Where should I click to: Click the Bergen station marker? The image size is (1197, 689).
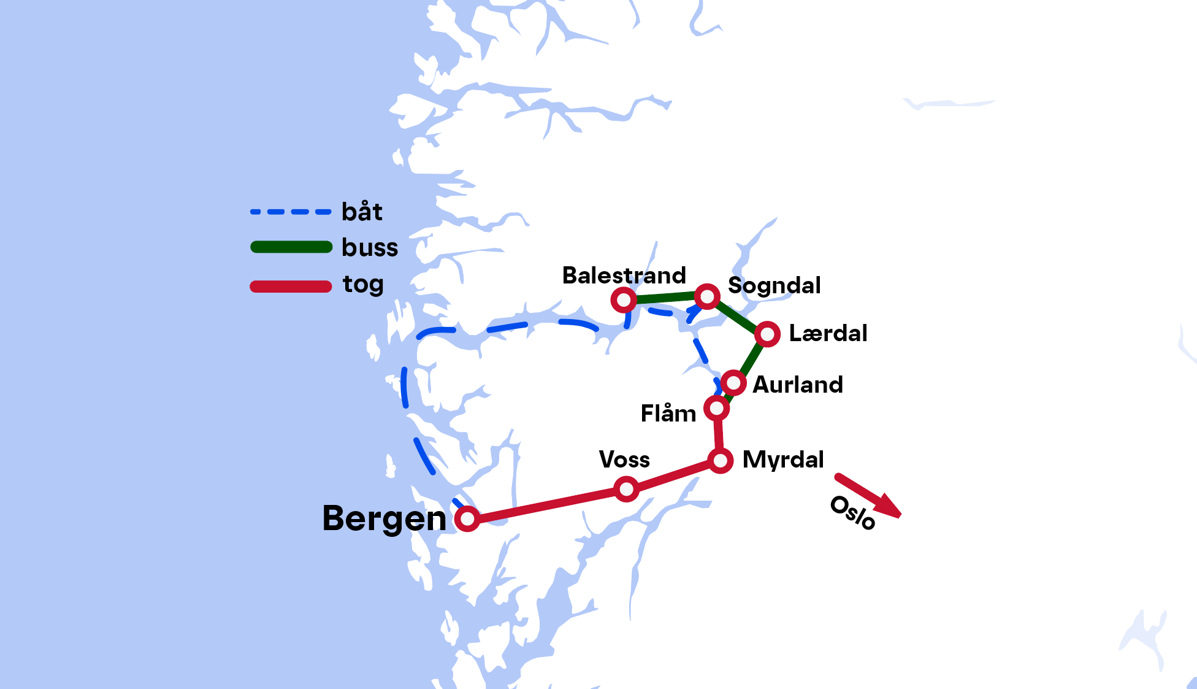[x=467, y=519]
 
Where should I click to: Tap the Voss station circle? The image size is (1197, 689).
[x=626, y=489]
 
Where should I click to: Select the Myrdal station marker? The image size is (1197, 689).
[x=720, y=460]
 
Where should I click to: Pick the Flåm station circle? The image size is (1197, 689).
[x=716, y=408]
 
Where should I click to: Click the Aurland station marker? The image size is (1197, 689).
[x=733, y=383]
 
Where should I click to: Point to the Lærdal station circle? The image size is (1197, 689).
[x=767, y=334]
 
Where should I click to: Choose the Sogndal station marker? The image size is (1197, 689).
[x=707, y=297]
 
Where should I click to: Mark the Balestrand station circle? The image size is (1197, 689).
[x=624, y=300]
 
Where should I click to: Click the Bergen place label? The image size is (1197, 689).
[x=384, y=519]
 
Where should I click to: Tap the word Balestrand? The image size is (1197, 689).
[x=624, y=275]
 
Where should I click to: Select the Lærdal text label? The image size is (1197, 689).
[x=827, y=333]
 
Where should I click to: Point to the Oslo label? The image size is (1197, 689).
[x=852, y=513]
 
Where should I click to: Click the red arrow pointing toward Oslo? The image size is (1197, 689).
[x=868, y=495]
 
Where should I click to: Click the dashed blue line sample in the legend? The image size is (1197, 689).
[x=291, y=212]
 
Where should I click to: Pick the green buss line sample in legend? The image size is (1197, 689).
[x=291, y=247]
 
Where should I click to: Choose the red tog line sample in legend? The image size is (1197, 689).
[x=291, y=287]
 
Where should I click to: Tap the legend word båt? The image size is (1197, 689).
[x=362, y=212]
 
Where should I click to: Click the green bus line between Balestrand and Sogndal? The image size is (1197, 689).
[x=665, y=298]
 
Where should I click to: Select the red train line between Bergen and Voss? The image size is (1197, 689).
[x=546, y=505]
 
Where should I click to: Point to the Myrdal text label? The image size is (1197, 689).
[x=783, y=460]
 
